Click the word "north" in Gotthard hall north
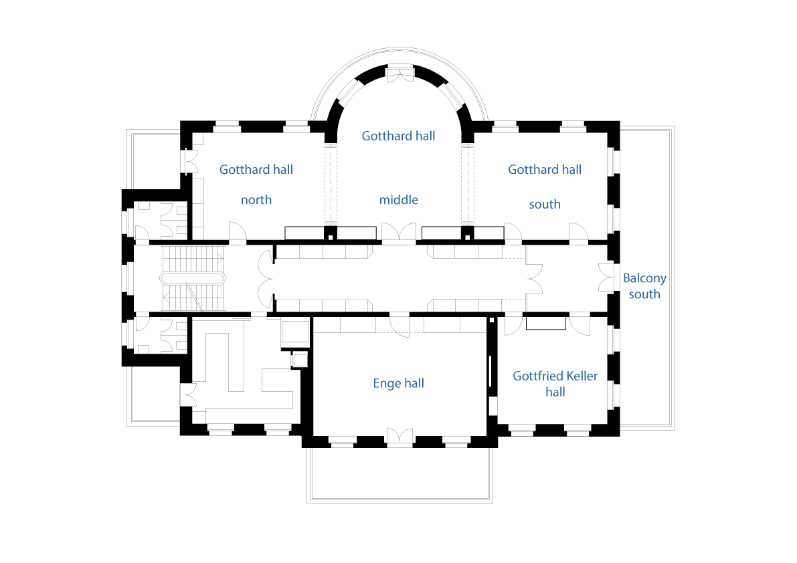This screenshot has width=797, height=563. pyautogui.click(x=256, y=200)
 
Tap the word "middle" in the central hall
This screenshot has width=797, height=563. pyautogui.click(x=399, y=200)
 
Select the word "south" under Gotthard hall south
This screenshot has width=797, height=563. pyautogui.click(x=545, y=205)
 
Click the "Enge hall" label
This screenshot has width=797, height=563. pyautogui.click(x=399, y=383)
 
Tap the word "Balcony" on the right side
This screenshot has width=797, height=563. pyautogui.click(x=644, y=278)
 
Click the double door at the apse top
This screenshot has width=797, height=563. pyautogui.click(x=401, y=75)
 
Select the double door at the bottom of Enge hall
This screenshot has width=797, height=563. pyautogui.click(x=400, y=437)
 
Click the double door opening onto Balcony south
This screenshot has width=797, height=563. pyautogui.click(x=606, y=277)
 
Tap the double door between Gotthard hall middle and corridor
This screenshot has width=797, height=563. pyautogui.click(x=399, y=232)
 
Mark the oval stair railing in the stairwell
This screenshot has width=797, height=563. pyautogui.click(x=192, y=278)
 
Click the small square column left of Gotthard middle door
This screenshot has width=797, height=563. pyautogui.click(x=331, y=237)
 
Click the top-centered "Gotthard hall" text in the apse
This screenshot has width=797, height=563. pyautogui.click(x=399, y=136)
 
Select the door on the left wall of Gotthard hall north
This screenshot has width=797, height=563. pyautogui.click(x=191, y=161)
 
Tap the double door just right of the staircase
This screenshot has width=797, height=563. pyautogui.click(x=266, y=279)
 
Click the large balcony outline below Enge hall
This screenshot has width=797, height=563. pyautogui.click(x=400, y=501)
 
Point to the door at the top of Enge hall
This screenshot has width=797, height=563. pyautogui.click(x=400, y=326)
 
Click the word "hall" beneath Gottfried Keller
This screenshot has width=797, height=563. pyautogui.click(x=555, y=392)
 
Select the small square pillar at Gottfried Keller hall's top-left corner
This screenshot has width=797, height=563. pyautogui.click(x=492, y=320)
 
